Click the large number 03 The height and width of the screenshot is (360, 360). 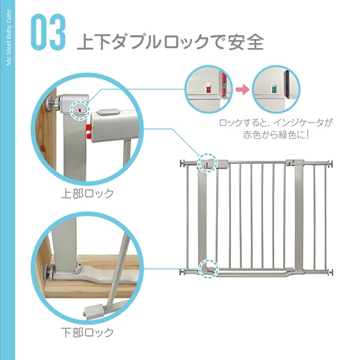click(48, 32)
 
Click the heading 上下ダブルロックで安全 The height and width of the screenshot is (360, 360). click(170, 41)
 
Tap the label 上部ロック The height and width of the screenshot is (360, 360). click(87, 193)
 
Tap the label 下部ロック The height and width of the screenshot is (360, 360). click(87, 332)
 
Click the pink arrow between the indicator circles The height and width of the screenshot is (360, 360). click(242, 89)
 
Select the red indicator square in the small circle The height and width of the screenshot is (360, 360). click(208, 89)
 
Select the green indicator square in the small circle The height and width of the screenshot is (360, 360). click(274, 89)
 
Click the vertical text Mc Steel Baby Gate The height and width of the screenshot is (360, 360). click(8, 38)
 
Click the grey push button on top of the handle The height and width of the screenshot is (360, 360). click(107, 113)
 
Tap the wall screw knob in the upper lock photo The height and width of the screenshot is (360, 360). click(53, 103)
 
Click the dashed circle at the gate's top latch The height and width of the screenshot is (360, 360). click(208, 163)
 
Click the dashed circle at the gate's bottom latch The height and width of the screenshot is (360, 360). click(208, 269)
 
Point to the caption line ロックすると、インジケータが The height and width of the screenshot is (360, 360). click(276, 123)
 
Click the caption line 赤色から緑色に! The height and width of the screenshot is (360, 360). click(276, 135)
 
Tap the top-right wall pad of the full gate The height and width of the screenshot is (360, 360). click(331, 163)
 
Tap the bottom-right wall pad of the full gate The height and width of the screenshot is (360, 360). click(331, 272)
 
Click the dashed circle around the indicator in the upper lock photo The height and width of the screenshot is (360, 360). click(79, 110)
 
